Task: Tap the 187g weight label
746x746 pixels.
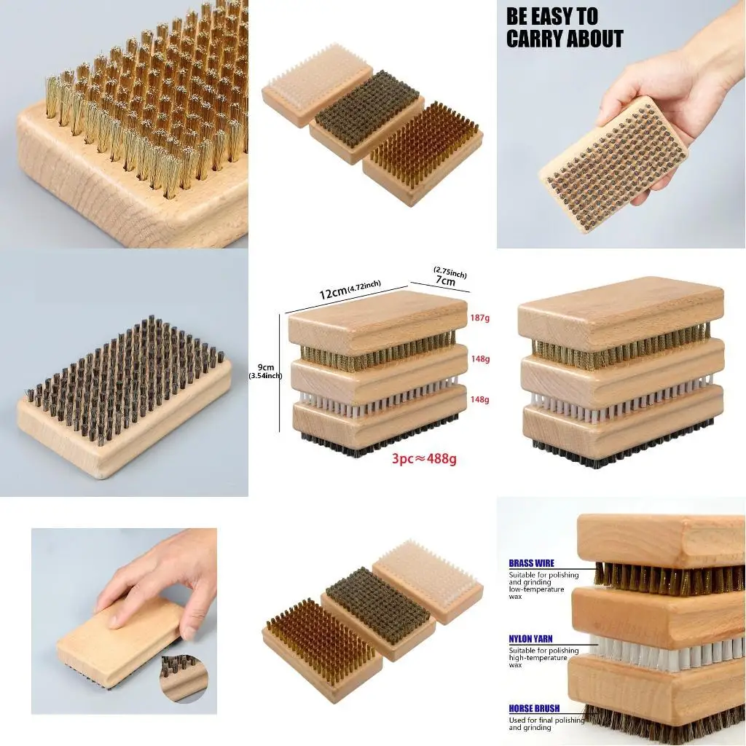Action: point(480,318)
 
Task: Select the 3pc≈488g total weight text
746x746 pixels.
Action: point(425,459)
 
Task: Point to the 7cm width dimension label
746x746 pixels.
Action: point(445,281)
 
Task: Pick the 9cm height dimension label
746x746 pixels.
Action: point(266,367)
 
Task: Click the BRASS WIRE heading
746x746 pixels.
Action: point(531,563)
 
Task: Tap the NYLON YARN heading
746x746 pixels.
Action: point(530,639)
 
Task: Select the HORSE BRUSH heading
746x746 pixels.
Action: point(534,708)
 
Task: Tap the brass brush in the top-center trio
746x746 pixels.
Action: point(423,153)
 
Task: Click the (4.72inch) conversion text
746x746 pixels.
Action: point(364,286)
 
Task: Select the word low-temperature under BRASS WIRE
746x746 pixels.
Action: point(537,589)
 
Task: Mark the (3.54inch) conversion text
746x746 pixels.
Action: point(265,376)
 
